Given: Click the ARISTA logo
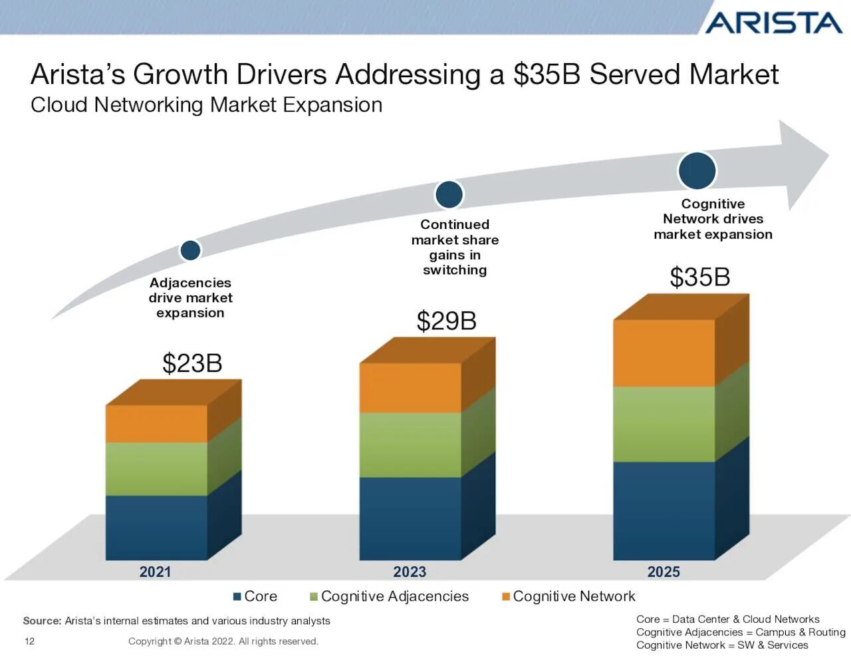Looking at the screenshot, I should [x=773, y=23].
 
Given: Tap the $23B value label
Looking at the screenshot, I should [x=192, y=363].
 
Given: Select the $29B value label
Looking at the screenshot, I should [x=446, y=321].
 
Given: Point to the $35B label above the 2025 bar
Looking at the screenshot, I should [x=699, y=277].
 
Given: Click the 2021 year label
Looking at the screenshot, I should [x=155, y=572].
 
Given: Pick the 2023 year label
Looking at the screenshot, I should [x=410, y=572].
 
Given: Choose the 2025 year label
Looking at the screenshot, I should [x=664, y=572].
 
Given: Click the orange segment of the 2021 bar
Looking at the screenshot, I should [x=156, y=424].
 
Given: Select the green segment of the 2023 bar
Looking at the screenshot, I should [x=410, y=444].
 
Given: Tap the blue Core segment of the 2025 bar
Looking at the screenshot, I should [x=664, y=510].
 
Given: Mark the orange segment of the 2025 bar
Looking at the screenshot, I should [x=664, y=353].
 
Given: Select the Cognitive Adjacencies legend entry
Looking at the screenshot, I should [x=389, y=596].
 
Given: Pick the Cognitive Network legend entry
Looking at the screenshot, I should [x=568, y=596].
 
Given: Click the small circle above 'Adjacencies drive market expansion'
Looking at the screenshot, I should [x=190, y=250].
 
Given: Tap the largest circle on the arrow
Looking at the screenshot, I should [x=697, y=170].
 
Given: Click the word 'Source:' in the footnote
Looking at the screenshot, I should [x=42, y=621].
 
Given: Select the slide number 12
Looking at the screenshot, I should [x=29, y=641].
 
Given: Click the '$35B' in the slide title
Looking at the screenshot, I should [x=547, y=74].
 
